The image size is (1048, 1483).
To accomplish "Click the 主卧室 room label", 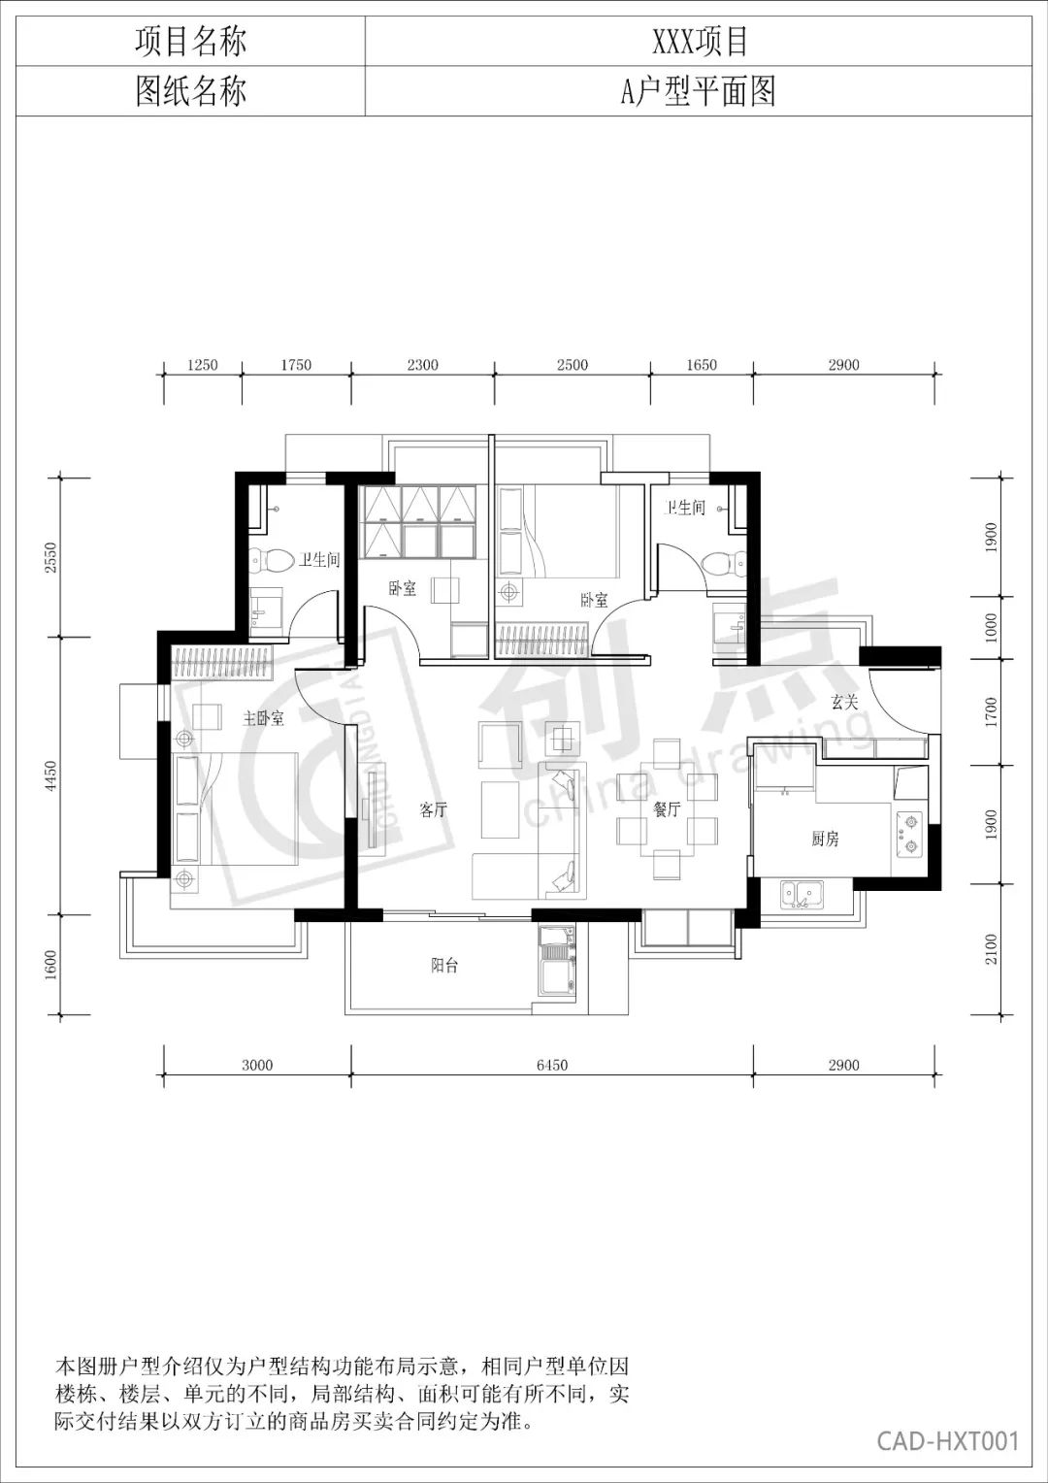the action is pyautogui.click(x=263, y=718).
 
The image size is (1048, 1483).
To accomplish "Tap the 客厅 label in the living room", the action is pyautogui.click(x=434, y=809).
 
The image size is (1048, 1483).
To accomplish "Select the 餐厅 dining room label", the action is pyautogui.click(x=667, y=809).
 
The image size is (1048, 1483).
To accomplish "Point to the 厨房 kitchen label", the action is pyautogui.click(x=825, y=839).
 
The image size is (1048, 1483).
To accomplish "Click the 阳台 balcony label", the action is pyautogui.click(x=444, y=966).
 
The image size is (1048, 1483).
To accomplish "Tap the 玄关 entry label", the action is pyautogui.click(x=845, y=702).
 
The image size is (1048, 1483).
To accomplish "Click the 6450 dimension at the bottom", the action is pyautogui.click(x=552, y=1065).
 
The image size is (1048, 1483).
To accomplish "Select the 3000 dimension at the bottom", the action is pyautogui.click(x=257, y=1065).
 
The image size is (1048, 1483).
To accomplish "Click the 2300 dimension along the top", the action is pyautogui.click(x=422, y=365).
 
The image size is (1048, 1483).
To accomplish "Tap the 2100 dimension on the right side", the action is pyautogui.click(x=991, y=948).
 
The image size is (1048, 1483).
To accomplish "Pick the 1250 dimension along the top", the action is pyautogui.click(x=203, y=365).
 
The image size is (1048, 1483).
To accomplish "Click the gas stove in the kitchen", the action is pyautogui.click(x=910, y=835).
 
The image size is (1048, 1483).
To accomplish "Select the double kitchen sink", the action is pyautogui.click(x=802, y=894).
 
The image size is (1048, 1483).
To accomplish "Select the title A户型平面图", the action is pyautogui.click(x=698, y=90).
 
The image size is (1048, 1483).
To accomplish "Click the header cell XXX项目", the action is pyautogui.click(x=700, y=41).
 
